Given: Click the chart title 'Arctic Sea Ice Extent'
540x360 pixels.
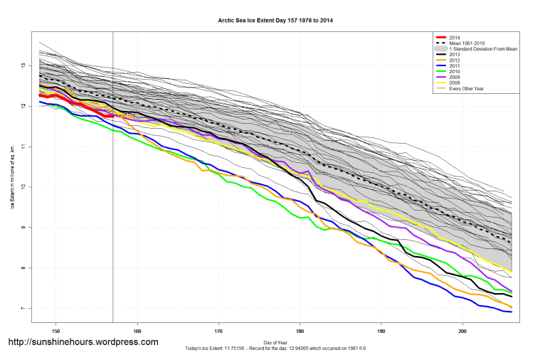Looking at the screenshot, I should pyautogui.click(x=275, y=21).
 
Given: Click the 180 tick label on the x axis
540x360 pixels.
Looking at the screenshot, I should pyautogui.click(x=300, y=330).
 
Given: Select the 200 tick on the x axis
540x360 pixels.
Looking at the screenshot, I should pyautogui.click(x=463, y=330).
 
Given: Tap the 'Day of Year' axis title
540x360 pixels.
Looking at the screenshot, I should pyautogui.click(x=275, y=342).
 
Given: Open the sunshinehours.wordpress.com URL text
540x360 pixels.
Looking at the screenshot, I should pyautogui.click(x=83, y=342).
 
